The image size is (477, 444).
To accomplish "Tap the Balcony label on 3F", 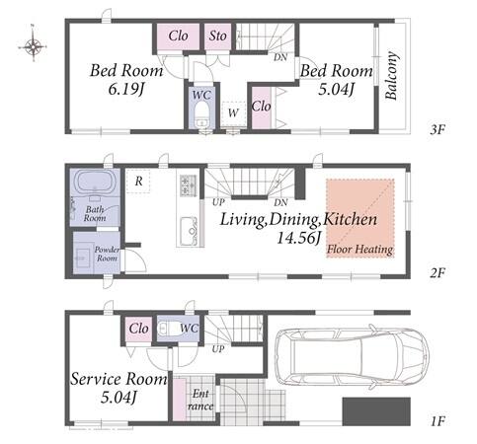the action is [x=392, y=75].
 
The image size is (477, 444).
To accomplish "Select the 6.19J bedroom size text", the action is [x=126, y=89].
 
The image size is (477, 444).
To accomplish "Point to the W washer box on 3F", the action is [x=233, y=113].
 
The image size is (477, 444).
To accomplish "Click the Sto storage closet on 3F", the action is [x=217, y=36].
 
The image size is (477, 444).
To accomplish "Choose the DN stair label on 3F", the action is [x=280, y=57].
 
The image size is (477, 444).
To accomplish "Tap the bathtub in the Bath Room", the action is [x=95, y=182].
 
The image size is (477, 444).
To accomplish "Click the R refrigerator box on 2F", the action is [x=138, y=181].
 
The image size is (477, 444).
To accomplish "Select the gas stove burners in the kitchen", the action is [x=188, y=185].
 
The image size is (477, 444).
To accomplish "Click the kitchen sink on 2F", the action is [x=189, y=228].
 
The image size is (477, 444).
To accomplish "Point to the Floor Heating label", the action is [x=359, y=250].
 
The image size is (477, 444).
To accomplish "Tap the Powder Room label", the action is [x=107, y=254].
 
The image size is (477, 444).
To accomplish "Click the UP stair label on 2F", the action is [x=218, y=202].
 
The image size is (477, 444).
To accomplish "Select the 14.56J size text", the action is [x=298, y=238].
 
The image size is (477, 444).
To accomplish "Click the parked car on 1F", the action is [x=352, y=354].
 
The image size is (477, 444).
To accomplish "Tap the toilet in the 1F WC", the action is [x=167, y=329].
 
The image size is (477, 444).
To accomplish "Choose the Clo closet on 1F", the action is [x=138, y=329].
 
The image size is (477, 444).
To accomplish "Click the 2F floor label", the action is [x=437, y=272].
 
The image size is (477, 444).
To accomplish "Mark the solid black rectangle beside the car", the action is [x=376, y=411].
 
